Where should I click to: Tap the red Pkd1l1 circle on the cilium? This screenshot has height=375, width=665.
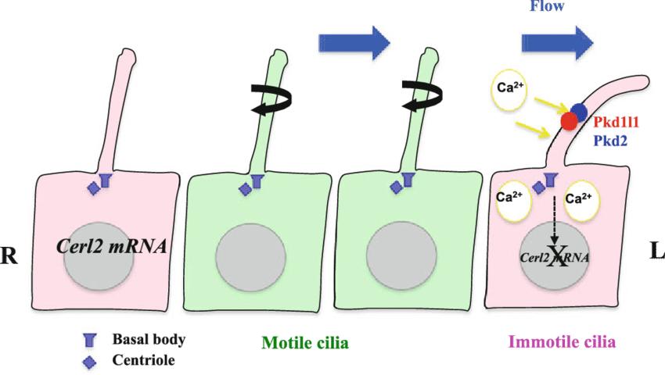[x=569, y=121]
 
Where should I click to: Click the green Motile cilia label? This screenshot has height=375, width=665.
[x=304, y=343]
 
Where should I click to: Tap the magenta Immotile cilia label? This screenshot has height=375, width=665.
[x=562, y=342]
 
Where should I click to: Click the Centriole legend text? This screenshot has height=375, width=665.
[x=143, y=360]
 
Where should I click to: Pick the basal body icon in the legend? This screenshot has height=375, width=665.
[x=89, y=340]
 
